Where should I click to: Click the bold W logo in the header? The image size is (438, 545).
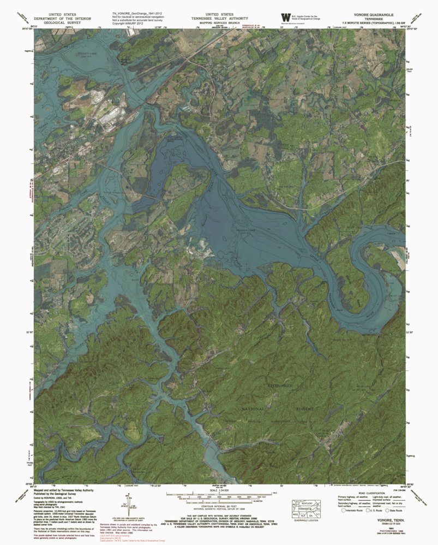pyautogui.click(x=285, y=17)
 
